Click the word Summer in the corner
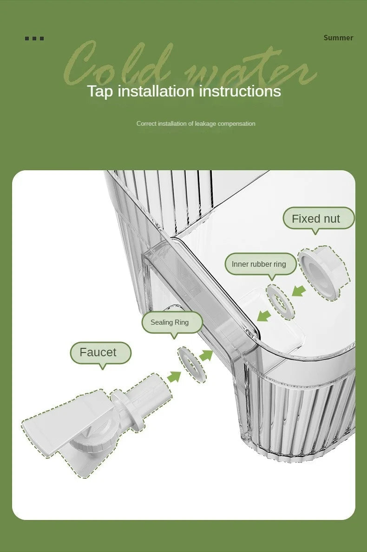pyautogui.click(x=338, y=38)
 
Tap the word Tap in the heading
pyautogui.click(x=100, y=91)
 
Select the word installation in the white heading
pyautogui.click(x=156, y=91)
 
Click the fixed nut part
pyautogui.click(x=324, y=272)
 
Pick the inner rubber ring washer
pyautogui.click(x=280, y=302)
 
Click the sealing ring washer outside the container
pyautogui.click(x=192, y=364)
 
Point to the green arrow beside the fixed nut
pyautogui.click(x=299, y=291)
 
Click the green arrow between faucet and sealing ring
pyautogui.click(x=174, y=376)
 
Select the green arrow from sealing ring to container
pyautogui.click(x=206, y=355)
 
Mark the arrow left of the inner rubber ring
pyautogui.click(x=264, y=315)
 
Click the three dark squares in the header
pyautogui.click(x=34, y=39)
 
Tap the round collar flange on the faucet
pyautogui.click(x=127, y=409)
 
